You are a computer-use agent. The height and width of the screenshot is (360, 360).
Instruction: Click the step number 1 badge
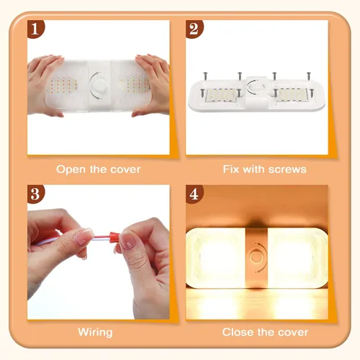point(36,29)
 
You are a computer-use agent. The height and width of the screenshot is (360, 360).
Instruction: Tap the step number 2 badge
point(194,29)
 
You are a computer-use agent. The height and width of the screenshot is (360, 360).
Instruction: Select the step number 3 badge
point(36,194)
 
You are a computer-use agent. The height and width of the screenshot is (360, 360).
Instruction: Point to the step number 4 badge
point(194,194)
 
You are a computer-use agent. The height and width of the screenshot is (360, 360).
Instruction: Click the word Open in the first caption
point(71,169)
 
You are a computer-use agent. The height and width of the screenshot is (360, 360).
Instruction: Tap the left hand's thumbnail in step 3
point(84,235)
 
